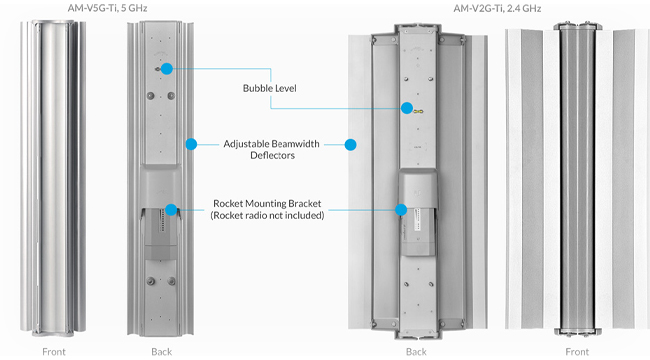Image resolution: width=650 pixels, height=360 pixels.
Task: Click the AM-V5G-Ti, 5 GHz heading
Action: [x=107, y=8]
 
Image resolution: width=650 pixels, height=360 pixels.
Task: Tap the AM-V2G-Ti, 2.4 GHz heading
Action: [x=497, y=8]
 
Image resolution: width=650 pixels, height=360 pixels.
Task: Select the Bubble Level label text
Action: [x=269, y=88]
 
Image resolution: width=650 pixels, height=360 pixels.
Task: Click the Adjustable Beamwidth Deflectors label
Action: [x=272, y=149]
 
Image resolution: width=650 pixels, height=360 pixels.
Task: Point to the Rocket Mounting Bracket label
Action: [x=267, y=204]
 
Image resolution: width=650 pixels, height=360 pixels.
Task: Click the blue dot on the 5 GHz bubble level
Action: [x=167, y=69]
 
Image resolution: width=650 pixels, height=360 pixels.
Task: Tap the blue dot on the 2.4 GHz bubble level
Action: [x=407, y=108]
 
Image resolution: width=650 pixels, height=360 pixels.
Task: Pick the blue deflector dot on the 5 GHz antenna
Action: [x=191, y=144]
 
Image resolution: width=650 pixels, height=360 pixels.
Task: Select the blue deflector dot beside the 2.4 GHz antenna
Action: [x=351, y=145]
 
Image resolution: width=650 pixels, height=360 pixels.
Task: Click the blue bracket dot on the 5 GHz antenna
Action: [x=171, y=210]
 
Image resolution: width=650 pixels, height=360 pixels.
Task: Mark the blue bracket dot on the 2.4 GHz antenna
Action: [x=401, y=210]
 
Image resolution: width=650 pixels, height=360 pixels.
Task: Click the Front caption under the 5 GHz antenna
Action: [x=54, y=352]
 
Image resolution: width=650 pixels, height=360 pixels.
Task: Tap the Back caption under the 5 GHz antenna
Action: [x=162, y=352]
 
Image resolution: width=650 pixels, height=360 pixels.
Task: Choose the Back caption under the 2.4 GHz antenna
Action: [x=416, y=352]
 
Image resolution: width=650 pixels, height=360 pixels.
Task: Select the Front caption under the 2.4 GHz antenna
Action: [x=577, y=352]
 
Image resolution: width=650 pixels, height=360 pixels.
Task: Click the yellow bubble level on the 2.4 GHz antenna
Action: [x=418, y=111]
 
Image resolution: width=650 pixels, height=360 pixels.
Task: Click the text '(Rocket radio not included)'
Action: [x=267, y=216]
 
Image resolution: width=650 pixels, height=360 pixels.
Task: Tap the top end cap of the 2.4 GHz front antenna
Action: [x=577, y=27]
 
